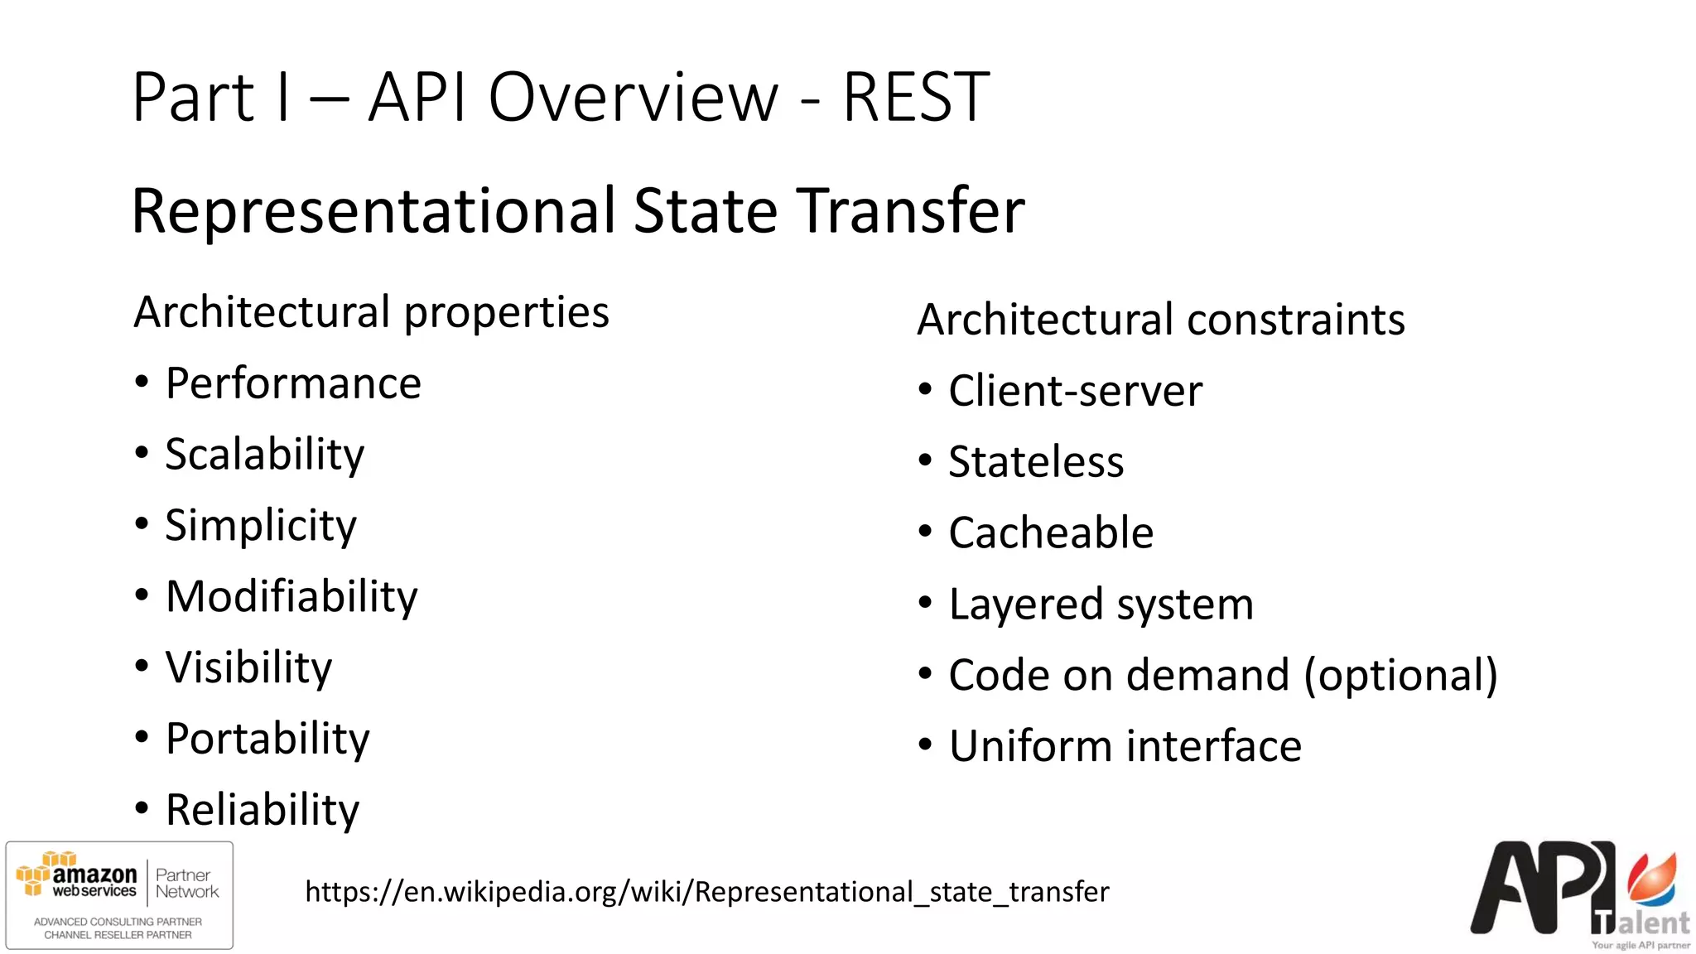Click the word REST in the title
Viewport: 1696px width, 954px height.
[915, 98]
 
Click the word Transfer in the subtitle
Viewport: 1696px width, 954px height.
[910, 210]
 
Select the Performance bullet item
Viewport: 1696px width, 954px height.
[293, 383]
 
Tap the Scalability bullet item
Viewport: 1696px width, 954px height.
[264, 455]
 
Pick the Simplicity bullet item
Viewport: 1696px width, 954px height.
[260, 526]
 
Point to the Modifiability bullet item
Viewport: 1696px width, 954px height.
[291, 596]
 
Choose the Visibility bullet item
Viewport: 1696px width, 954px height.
[248, 667]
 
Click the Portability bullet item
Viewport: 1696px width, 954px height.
[267, 739]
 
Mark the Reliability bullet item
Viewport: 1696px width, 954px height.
[263, 810]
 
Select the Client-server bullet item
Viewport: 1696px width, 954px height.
[1075, 391]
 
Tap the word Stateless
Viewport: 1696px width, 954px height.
[1036, 462]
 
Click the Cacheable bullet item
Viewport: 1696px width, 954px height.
[1051, 532]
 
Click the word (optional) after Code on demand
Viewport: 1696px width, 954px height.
[1400, 676]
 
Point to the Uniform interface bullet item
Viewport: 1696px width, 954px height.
[1125, 746]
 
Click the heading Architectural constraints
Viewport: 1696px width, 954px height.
[1160, 320]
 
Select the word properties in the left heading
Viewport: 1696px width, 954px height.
[506, 313]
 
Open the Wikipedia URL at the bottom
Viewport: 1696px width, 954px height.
[706, 892]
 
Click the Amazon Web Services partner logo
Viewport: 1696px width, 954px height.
[119, 895]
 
